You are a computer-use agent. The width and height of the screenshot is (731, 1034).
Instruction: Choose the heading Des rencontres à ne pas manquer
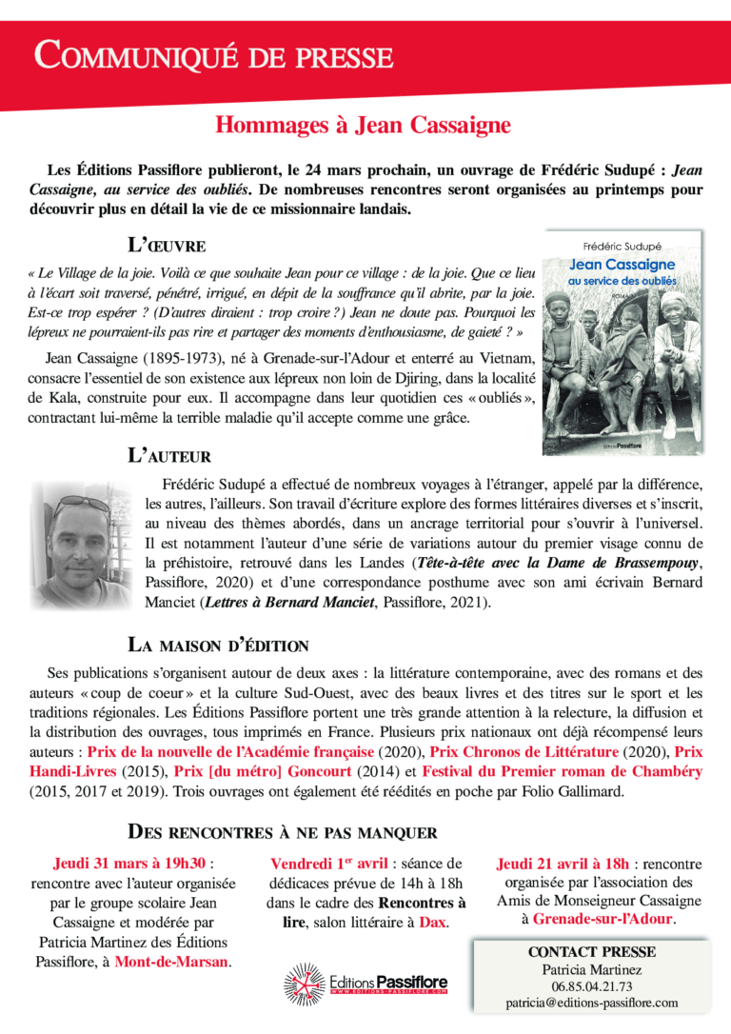283,832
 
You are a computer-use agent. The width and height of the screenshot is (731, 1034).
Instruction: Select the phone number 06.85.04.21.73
592,986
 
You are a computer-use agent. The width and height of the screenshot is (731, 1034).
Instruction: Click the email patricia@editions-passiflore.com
592,1003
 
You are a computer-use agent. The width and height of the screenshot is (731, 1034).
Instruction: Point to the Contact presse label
592,951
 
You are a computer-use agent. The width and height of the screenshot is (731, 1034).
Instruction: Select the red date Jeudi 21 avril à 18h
563,864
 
